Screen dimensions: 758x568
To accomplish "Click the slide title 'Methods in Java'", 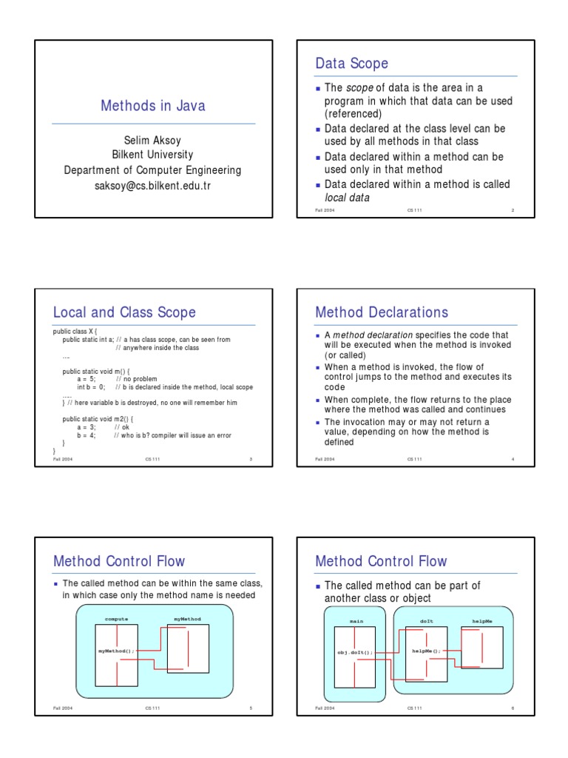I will point(152,106).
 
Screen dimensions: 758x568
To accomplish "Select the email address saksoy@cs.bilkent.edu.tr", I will point(152,186).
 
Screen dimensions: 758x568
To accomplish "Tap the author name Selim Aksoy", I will point(152,140).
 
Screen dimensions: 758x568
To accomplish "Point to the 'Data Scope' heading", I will point(351,64).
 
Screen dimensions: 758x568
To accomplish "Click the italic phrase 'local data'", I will point(347,198).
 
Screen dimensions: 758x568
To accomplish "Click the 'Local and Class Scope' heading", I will point(124,312).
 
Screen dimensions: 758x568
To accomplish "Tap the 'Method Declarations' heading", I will point(382,312).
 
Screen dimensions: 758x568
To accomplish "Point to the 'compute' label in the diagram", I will point(117,618).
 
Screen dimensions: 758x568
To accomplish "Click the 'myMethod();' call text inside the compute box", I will point(117,651).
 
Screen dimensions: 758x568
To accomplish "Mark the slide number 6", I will point(512,708).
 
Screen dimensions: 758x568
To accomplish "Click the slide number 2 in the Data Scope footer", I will point(512,211).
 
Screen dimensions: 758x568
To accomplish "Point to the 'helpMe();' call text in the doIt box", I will point(427,651).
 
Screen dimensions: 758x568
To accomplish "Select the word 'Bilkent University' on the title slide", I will point(152,155).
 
